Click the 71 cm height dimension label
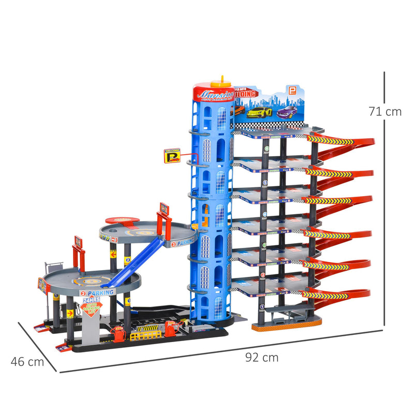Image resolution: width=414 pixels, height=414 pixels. pos(385,111)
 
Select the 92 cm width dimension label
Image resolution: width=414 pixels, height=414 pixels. pos(263,357)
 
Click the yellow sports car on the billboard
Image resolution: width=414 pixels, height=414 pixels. pos(259,112)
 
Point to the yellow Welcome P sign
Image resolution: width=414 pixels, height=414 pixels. pos(172,155)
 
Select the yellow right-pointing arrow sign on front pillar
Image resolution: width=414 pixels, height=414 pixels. pos(70,314)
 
